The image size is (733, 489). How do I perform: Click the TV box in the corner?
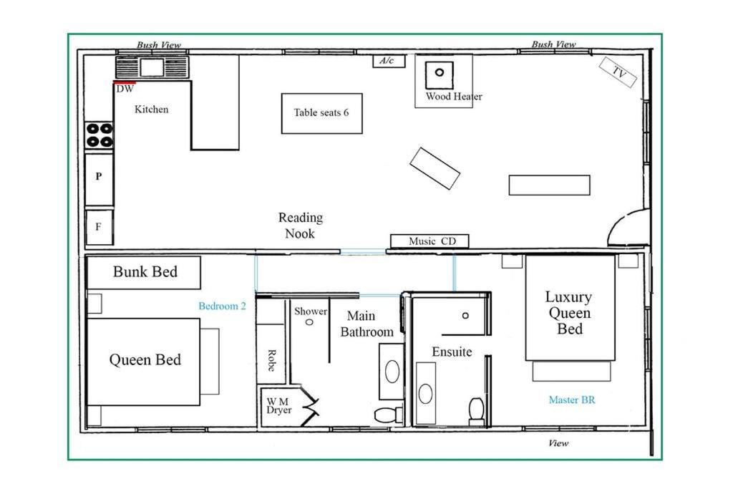tap(618, 72)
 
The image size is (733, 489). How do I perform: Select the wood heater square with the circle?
tap(439, 74)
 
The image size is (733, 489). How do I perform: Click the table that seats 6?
tap(321, 113)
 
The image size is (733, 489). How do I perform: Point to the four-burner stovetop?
tap(99, 135)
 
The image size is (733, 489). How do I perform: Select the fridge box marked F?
tap(99, 227)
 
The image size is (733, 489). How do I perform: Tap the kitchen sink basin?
tap(152, 67)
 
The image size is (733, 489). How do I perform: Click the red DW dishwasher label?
tap(125, 88)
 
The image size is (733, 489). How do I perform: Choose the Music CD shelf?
tap(429, 241)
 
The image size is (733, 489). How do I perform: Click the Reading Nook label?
tap(301, 226)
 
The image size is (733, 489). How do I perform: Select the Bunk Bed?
tap(144, 272)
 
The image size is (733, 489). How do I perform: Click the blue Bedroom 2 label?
tap(222, 306)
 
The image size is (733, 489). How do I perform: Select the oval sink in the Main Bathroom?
tap(392, 371)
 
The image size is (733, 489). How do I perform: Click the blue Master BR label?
tap(572, 400)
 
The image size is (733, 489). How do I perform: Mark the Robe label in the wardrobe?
tap(271, 360)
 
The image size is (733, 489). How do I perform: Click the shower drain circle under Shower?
tap(309, 322)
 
